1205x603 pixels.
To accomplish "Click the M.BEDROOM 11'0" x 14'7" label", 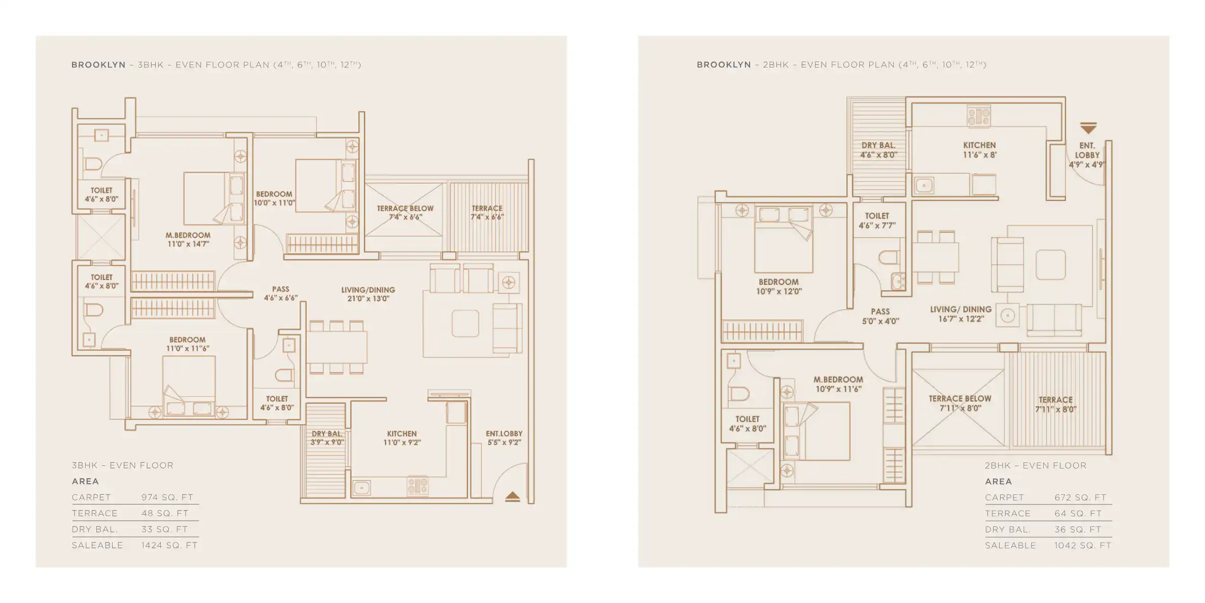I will click(188, 240).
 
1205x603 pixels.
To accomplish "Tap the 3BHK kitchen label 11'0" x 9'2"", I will click(402, 438).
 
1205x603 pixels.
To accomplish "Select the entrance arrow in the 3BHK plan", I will click(512, 497).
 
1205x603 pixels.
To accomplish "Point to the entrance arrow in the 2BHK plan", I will click(1088, 127).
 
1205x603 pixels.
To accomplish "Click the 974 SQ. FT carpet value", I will click(167, 497).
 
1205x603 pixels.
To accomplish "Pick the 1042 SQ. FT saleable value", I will click(1082, 545).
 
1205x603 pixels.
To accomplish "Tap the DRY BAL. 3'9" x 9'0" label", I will click(327, 438).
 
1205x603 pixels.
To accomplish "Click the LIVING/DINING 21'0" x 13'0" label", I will click(368, 294).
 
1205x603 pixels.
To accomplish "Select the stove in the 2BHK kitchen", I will click(978, 116).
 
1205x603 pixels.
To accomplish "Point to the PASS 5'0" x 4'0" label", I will click(880, 316).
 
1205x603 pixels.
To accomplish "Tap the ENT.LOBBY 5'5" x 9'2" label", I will click(504, 438).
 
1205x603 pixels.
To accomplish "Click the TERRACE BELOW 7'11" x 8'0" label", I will click(960, 403).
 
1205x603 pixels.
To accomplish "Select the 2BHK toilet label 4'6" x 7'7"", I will click(877, 221).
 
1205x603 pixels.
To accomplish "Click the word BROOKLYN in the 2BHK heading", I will click(723, 64).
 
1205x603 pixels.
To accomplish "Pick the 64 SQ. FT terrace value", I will click(1078, 513).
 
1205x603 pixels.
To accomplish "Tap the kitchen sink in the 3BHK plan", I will click(361, 488).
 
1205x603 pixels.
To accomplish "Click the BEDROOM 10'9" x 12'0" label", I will click(778, 286).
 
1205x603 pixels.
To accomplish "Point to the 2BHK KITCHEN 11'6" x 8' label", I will click(979, 150).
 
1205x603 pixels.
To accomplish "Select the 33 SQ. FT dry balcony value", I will click(164, 529).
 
